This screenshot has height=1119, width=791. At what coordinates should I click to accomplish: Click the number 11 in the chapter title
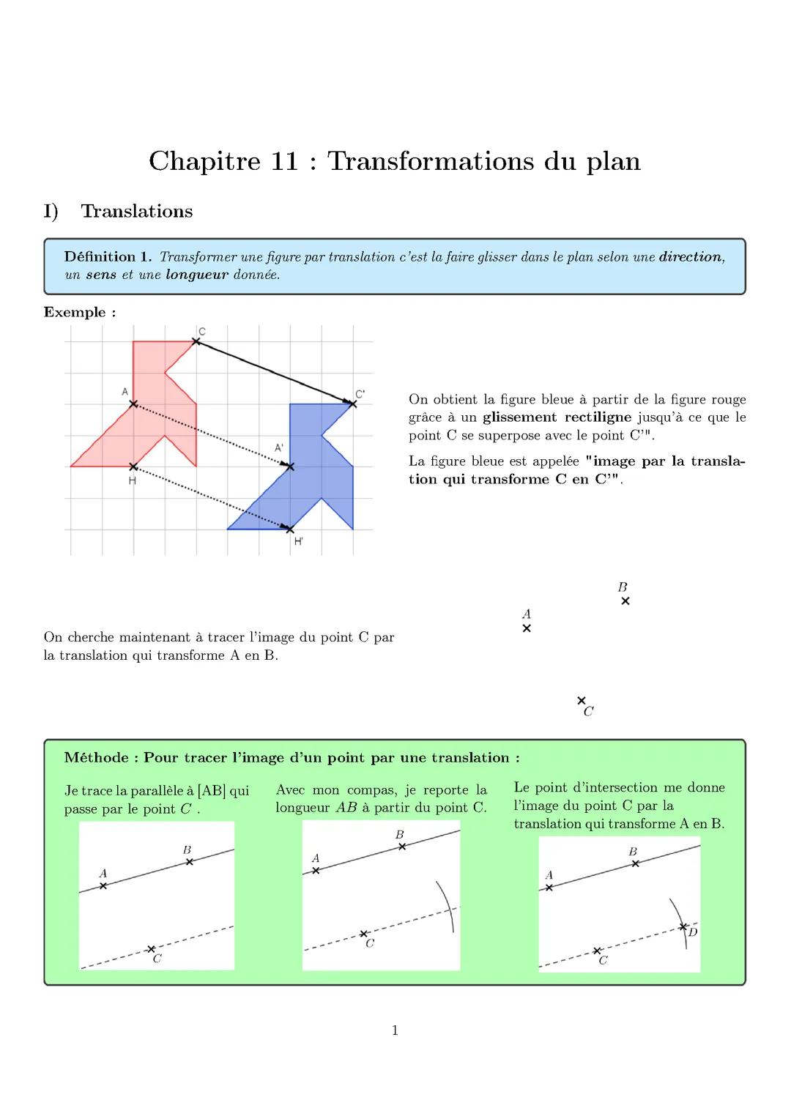click(x=284, y=162)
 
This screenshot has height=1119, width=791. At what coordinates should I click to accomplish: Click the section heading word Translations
click(x=136, y=212)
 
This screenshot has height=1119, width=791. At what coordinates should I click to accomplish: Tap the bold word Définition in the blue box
click(x=100, y=257)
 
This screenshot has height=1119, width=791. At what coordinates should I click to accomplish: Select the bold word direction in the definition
click(x=690, y=257)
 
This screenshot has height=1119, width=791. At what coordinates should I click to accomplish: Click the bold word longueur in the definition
click(x=197, y=275)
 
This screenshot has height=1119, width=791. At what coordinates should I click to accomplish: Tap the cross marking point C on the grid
click(x=196, y=341)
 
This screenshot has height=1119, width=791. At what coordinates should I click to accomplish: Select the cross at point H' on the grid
click(x=290, y=529)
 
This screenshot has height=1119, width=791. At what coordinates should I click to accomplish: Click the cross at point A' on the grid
click(x=290, y=466)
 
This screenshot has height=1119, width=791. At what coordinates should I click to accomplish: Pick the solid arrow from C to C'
click(x=275, y=373)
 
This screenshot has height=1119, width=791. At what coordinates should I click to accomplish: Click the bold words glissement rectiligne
click(x=557, y=417)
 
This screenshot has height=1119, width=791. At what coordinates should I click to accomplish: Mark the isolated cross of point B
click(x=625, y=601)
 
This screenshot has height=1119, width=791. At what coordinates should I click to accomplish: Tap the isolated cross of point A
click(x=527, y=628)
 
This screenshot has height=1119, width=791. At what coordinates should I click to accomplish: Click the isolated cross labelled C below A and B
click(x=582, y=701)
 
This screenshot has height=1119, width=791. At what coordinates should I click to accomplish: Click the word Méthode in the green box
click(x=97, y=758)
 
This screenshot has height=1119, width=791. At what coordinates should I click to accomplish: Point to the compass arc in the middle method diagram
click(x=448, y=904)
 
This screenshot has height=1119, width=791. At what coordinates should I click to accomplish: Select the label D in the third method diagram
click(x=693, y=932)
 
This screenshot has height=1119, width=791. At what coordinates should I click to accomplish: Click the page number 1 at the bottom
click(x=395, y=1031)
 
